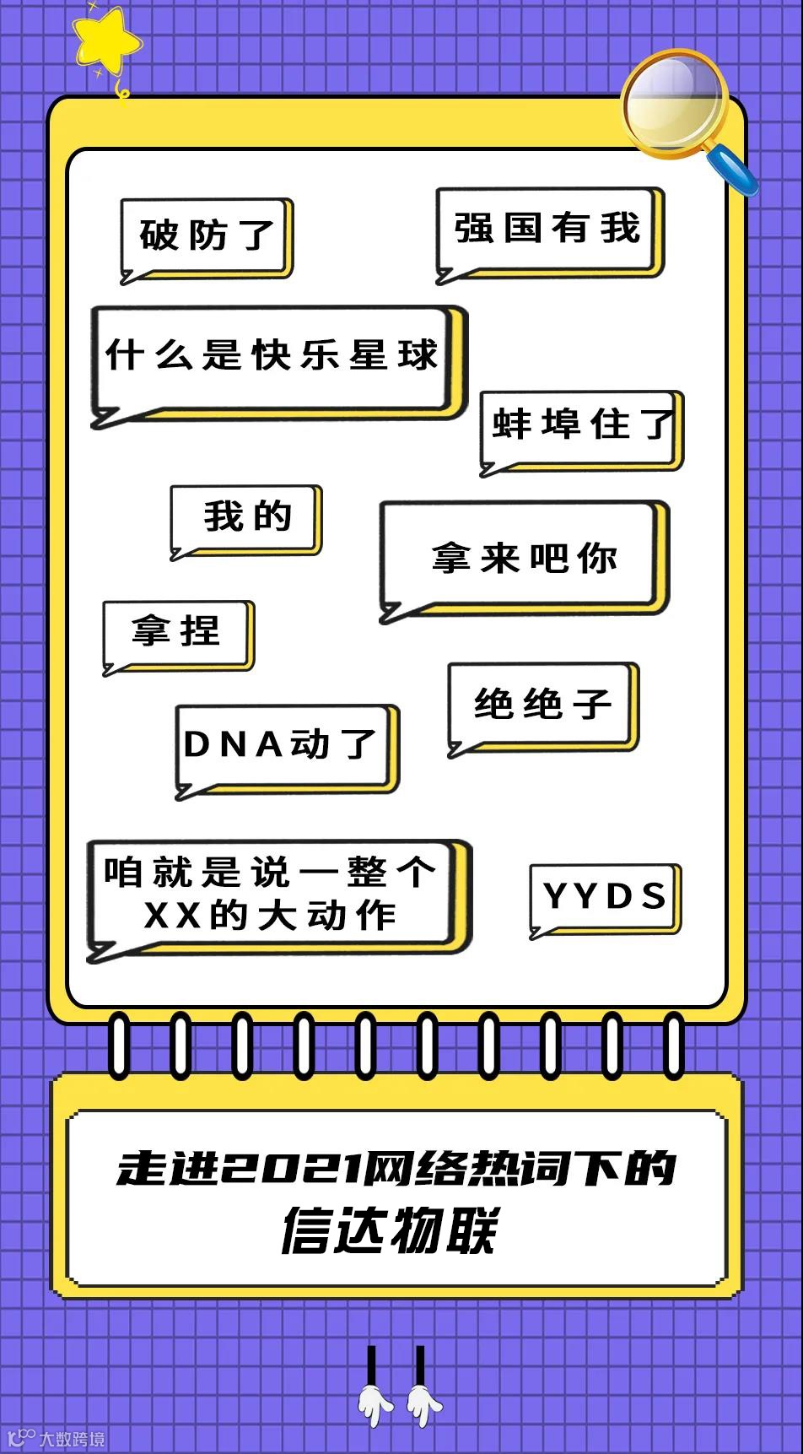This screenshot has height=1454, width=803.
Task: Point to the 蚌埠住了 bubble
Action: tap(581, 425)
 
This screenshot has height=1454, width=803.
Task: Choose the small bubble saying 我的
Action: tap(245, 518)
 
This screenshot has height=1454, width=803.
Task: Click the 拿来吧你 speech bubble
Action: tap(523, 557)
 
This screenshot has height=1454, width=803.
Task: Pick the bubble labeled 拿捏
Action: tap(177, 633)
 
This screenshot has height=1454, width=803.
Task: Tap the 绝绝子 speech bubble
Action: tap(542, 705)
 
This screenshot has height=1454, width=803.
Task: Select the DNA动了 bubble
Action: tap(283, 746)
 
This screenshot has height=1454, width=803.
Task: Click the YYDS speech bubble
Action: tap(604, 897)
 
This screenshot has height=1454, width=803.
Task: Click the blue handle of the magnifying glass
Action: tap(734, 170)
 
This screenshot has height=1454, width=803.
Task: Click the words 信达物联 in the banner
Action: tap(390, 1231)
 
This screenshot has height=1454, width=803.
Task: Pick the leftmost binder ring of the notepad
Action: tap(120, 1046)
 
